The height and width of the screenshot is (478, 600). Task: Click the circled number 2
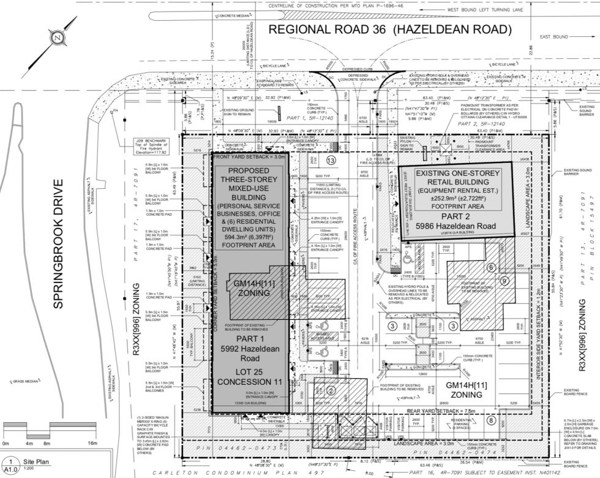(x=330, y=390)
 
